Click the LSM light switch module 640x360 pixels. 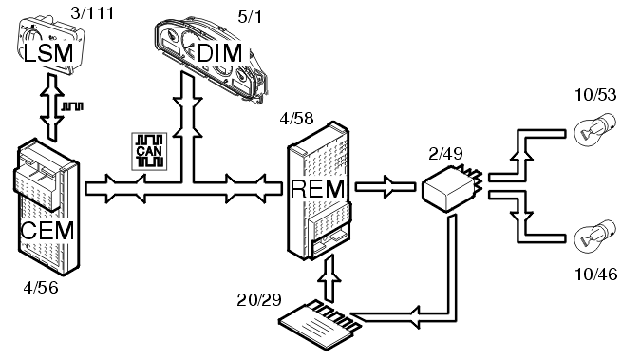pyautogui.click(x=49, y=47)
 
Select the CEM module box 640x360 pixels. pyautogui.click(x=47, y=207)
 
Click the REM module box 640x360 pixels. pyautogui.click(x=319, y=191)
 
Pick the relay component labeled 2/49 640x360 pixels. pyautogui.click(x=451, y=188)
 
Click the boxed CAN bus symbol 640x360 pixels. pyautogui.click(x=149, y=151)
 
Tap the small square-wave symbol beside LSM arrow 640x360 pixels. pyautogui.click(x=72, y=106)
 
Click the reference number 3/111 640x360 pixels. pyautogui.click(x=92, y=13)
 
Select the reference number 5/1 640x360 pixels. pyautogui.click(x=250, y=17)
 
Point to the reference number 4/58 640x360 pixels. pyautogui.click(x=296, y=119)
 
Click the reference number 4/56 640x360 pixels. pyautogui.click(x=41, y=288)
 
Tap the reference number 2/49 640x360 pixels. pyautogui.click(x=445, y=154)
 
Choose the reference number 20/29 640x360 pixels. pyautogui.click(x=259, y=300)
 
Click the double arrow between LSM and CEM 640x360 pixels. pyautogui.click(x=52, y=107)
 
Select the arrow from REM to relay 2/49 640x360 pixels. pyautogui.click(x=386, y=187)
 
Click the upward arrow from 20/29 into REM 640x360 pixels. pyautogui.click(x=329, y=278)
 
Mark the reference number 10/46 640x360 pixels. pyautogui.click(x=596, y=275)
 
